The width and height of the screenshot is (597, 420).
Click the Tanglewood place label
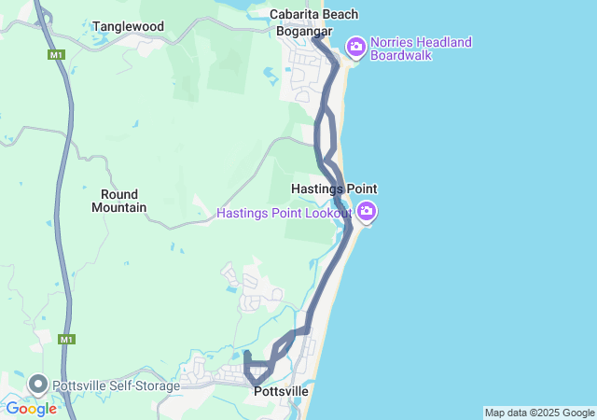[128, 26]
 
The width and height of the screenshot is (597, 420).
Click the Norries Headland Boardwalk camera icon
[355, 47]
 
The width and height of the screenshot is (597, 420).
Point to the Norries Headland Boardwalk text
[421, 49]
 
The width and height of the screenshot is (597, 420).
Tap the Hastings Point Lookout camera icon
[368, 212]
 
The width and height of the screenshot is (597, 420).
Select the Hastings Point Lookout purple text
[284, 214]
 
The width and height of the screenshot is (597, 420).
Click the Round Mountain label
[118, 201]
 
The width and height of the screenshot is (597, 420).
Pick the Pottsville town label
[281, 394]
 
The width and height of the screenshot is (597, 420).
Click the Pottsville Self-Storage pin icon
[38, 384]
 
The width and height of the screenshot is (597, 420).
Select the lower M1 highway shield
[66, 339]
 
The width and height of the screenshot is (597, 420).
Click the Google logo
[31, 409]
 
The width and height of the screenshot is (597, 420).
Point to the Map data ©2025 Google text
[539, 413]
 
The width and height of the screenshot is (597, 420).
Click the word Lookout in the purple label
[326, 214]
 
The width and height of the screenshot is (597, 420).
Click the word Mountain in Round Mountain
[118, 207]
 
